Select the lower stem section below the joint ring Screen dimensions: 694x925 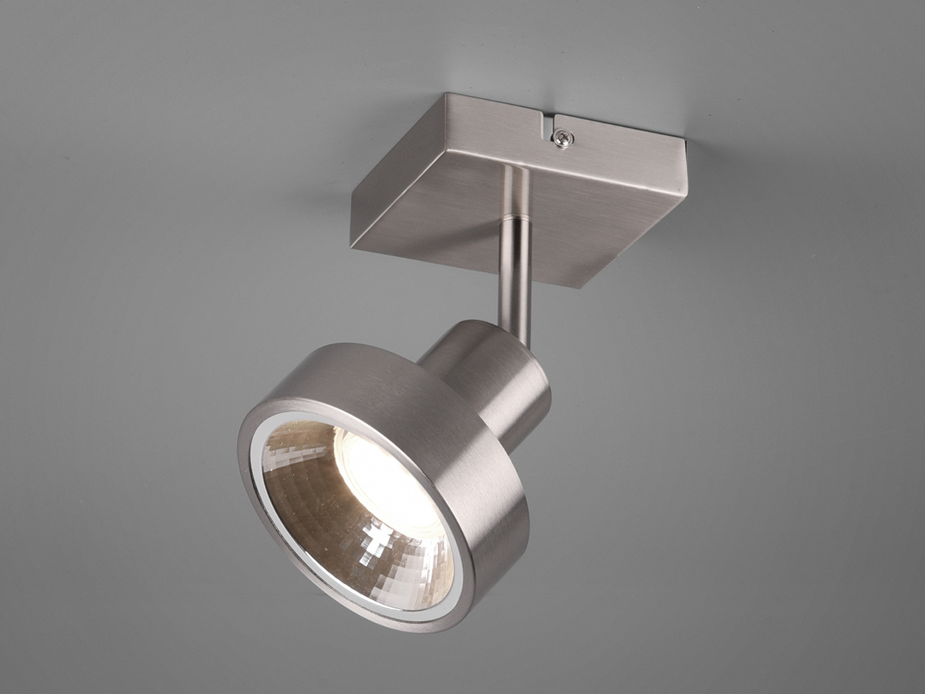514,278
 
